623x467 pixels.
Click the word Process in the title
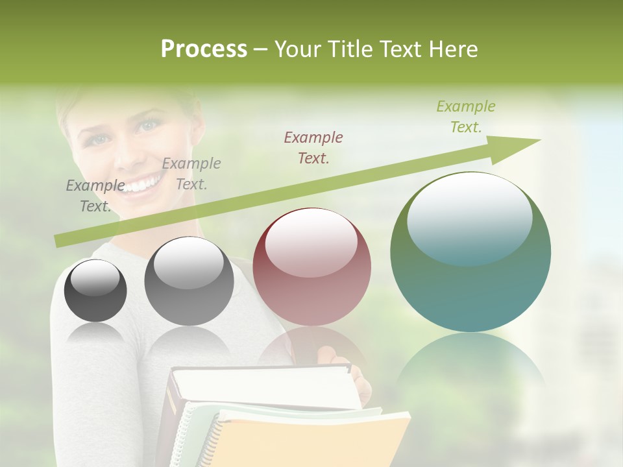click(204, 49)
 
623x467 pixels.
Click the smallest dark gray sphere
click(95, 291)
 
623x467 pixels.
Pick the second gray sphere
click(189, 281)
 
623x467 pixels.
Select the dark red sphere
click(311, 267)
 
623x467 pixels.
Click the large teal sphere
click(470, 253)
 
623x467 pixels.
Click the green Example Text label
click(465, 117)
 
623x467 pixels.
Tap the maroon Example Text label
click(313, 147)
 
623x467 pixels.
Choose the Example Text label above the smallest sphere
click(95, 196)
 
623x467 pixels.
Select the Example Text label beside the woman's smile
click(191, 174)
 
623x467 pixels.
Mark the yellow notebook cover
click(311, 441)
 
